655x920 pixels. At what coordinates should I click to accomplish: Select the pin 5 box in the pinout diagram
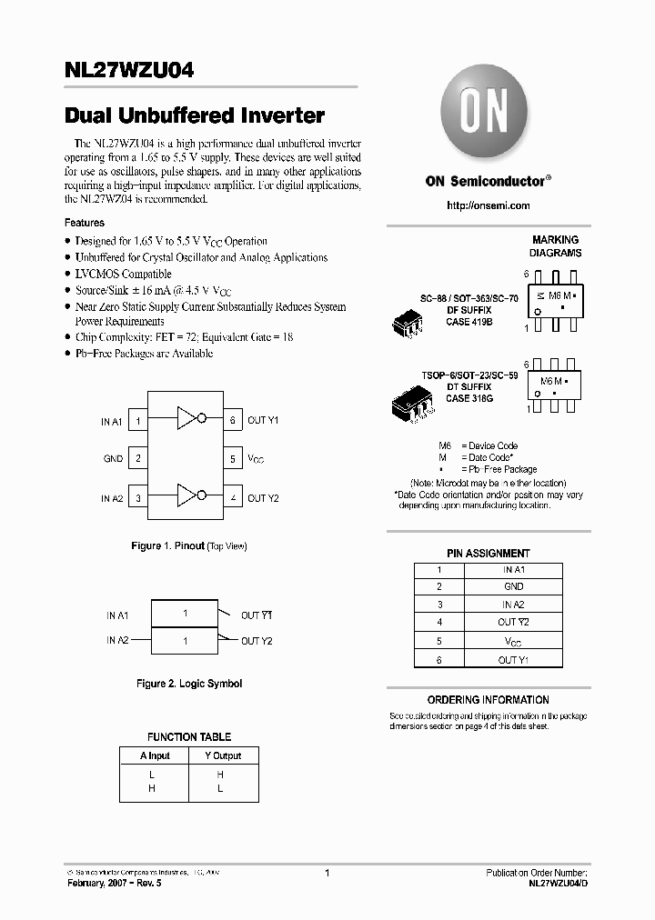[x=233, y=459]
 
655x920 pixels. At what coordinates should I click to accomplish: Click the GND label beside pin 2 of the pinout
[x=113, y=459]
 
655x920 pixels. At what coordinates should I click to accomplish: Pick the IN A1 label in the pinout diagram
[x=111, y=422]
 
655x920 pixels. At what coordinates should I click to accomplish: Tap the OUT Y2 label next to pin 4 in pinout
[x=263, y=498]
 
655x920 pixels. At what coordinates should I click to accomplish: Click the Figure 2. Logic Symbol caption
[x=188, y=684]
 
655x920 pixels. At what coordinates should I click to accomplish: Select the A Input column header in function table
[x=155, y=755]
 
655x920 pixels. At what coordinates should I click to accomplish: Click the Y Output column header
[x=222, y=755]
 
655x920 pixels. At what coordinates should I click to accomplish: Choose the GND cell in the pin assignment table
[x=513, y=587]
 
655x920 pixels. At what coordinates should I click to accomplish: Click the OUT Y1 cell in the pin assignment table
[x=513, y=660]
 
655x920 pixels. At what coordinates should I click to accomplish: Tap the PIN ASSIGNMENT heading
[x=488, y=553]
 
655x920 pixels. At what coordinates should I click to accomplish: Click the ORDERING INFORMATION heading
[x=488, y=700]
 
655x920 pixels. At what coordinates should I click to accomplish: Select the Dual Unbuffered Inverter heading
[x=195, y=116]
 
